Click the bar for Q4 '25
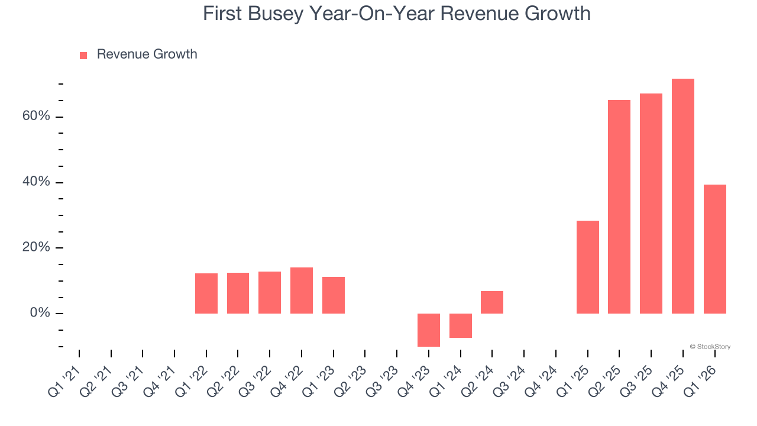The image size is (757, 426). pyautogui.click(x=682, y=196)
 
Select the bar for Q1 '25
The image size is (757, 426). pyautogui.click(x=587, y=267)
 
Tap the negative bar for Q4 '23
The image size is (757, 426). pyautogui.click(x=428, y=330)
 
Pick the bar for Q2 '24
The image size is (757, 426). pyautogui.click(x=491, y=302)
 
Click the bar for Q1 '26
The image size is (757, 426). pyautogui.click(x=714, y=248)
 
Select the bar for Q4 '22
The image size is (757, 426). pyautogui.click(x=301, y=290)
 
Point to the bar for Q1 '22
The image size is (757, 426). pyautogui.click(x=206, y=293)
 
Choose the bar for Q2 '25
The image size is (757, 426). pyautogui.click(x=619, y=206)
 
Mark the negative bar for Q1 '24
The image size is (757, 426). pyautogui.click(x=460, y=325)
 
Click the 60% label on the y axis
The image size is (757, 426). pyautogui.click(x=36, y=116)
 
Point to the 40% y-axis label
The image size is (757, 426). pyautogui.click(x=36, y=182)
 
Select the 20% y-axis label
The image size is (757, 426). pyautogui.click(x=36, y=247)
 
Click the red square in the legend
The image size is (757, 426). pyautogui.click(x=83, y=55)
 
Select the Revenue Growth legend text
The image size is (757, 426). pyautogui.click(x=147, y=54)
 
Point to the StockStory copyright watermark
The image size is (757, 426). pyautogui.click(x=710, y=347)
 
